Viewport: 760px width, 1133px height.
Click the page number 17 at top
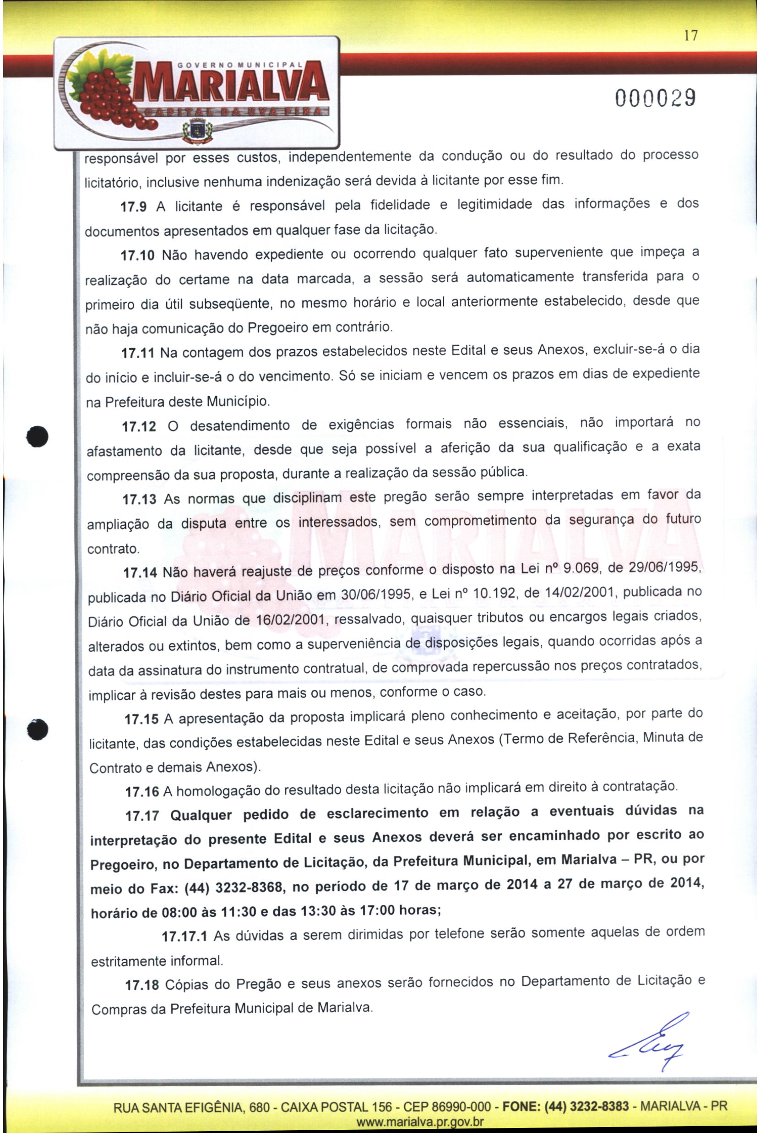click(x=691, y=35)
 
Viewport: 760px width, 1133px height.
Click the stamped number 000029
click(x=656, y=98)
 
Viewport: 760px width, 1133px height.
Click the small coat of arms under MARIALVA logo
click(x=198, y=131)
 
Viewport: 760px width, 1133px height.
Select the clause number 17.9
click(x=133, y=207)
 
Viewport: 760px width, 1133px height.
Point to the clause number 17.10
click(x=137, y=256)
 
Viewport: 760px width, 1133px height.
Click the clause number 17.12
click(x=139, y=427)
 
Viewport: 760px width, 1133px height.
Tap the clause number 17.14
click(x=140, y=573)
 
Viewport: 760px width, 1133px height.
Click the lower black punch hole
click(x=38, y=729)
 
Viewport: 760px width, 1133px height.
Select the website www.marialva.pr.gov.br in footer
click(x=420, y=1122)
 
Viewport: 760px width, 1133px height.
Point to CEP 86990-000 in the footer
click(x=447, y=1107)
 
